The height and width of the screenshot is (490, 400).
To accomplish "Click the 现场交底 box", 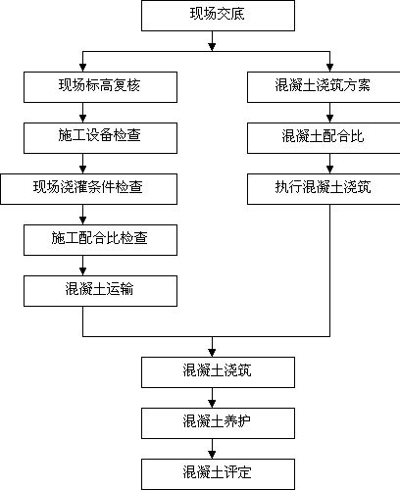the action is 218,16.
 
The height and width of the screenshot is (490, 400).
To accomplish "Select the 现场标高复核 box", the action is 100,87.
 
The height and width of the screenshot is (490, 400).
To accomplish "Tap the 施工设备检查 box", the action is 100,138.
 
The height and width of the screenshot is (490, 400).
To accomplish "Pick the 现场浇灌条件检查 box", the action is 89,189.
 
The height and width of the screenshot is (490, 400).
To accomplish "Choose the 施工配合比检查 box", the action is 100,240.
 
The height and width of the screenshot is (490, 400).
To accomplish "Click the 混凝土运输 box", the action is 100,291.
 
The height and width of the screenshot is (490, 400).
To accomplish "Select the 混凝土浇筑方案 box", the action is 324,87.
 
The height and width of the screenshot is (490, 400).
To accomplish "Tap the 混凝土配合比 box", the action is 324,138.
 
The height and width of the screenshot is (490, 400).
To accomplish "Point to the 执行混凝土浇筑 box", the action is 324,189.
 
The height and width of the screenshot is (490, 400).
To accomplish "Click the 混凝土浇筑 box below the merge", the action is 218,372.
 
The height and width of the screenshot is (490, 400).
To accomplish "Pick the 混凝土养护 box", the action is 218,423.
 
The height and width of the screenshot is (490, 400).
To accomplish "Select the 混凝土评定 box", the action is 218,474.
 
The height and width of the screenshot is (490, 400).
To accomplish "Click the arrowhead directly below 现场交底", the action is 212,47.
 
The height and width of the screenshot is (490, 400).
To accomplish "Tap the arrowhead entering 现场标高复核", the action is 82,68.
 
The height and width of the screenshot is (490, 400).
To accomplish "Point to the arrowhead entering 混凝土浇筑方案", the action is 329,68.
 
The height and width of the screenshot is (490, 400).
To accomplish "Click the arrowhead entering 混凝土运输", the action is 82,271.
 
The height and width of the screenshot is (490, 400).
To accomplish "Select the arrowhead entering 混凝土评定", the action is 212,455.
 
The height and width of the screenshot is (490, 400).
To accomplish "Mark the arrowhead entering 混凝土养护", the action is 212,404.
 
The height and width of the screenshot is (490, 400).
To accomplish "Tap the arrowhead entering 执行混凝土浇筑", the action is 329,170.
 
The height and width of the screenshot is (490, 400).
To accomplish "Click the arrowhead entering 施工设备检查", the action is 82,119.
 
